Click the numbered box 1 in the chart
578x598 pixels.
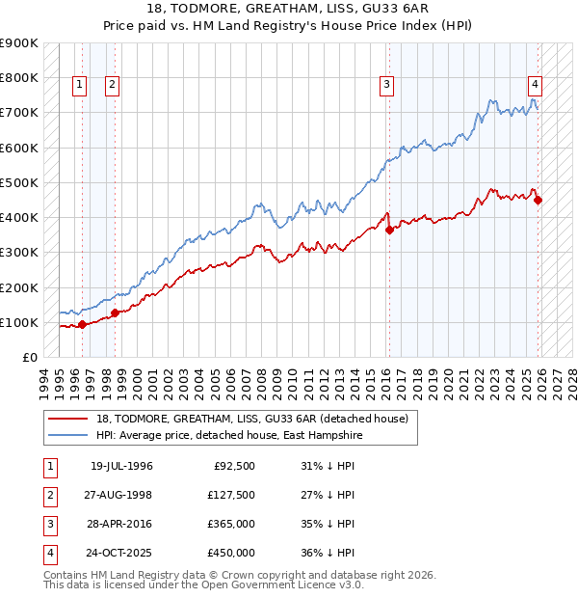click(80, 85)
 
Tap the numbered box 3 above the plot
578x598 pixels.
click(386, 85)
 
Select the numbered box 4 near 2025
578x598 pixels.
click(534, 85)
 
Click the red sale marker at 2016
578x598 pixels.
click(389, 230)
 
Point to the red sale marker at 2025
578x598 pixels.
click(539, 201)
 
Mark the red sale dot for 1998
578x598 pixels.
click(115, 313)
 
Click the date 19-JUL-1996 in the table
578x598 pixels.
click(121, 466)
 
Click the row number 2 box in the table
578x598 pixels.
click(49, 495)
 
